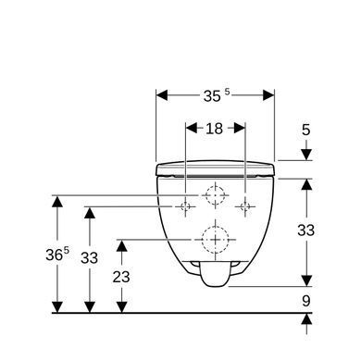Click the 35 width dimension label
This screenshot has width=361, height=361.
[217, 95]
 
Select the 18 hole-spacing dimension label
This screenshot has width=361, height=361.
[214, 129]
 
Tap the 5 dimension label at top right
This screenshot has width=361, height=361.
[305, 130]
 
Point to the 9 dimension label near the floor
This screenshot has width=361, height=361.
[305, 301]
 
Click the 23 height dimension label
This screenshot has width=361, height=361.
[121, 277]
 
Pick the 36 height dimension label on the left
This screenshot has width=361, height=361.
[57, 255]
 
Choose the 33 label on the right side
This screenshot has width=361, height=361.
[305, 230]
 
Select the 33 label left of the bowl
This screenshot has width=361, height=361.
[89, 258]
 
